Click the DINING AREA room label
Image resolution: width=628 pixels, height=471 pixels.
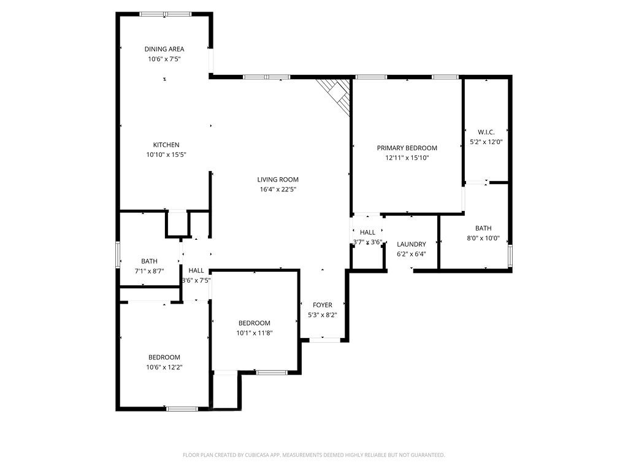[x=164, y=49]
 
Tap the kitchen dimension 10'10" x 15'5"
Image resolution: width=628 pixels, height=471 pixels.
[x=166, y=155]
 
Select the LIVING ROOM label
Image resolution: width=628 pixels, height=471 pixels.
[x=278, y=180]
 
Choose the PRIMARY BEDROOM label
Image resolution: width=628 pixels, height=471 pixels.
[x=407, y=148]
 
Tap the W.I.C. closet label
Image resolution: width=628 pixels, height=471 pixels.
[x=486, y=132]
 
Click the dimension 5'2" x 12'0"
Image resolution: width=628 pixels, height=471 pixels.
[x=486, y=142]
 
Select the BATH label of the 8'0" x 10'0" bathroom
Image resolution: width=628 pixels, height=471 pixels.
[x=483, y=228]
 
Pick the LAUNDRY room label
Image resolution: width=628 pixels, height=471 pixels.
[x=411, y=244]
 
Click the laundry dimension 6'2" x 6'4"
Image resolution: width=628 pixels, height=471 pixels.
[x=411, y=254]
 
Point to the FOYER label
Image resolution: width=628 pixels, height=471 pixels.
[x=323, y=305]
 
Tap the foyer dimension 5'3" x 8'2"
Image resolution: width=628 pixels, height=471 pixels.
[x=323, y=315]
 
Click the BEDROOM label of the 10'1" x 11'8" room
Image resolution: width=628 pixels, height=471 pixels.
[x=254, y=323]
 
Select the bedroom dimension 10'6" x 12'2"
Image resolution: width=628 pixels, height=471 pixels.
[x=164, y=367]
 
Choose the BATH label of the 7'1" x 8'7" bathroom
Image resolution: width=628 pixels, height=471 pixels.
[x=149, y=261]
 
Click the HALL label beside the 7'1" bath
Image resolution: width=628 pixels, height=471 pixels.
[x=196, y=270]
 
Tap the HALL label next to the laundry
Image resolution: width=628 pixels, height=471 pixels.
[x=367, y=232]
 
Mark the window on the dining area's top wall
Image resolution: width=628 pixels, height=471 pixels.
[x=165, y=13]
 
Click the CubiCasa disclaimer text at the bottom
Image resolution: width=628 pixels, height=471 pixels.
[x=313, y=455]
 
